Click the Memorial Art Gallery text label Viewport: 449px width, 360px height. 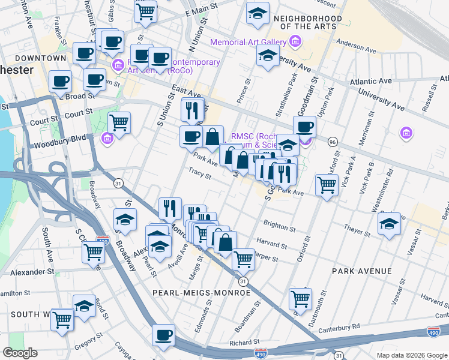(247, 41)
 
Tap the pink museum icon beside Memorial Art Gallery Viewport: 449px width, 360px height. (295, 41)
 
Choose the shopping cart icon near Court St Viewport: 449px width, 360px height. (119, 122)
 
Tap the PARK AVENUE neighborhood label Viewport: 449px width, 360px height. (362, 271)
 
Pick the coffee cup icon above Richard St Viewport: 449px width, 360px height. (163, 334)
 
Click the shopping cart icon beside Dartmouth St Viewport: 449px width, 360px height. (300, 298)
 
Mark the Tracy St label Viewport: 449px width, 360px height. (200, 176)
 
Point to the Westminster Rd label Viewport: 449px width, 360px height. (382, 190)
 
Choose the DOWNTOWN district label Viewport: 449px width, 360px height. (40, 58)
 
